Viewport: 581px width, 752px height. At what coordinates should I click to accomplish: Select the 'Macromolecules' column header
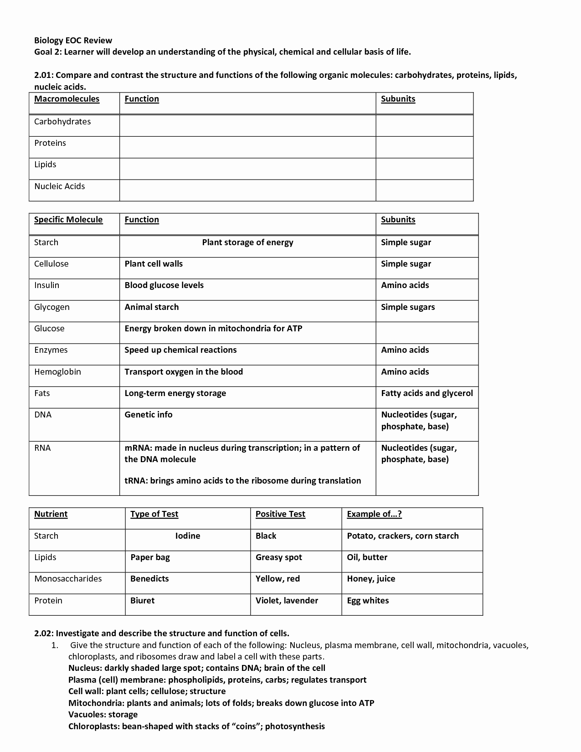tap(67, 99)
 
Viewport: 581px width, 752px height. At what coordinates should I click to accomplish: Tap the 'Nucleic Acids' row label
tap(59, 186)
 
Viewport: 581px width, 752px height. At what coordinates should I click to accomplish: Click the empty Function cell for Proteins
tap(247, 147)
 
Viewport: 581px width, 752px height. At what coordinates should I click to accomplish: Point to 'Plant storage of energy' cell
tap(247, 242)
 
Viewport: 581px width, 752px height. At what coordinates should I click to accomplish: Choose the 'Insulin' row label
tap(46, 285)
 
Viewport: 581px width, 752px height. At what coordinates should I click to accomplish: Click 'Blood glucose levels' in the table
tap(164, 285)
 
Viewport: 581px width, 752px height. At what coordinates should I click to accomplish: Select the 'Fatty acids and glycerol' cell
tap(427, 393)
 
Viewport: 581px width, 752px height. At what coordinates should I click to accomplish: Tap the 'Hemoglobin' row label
tap(57, 372)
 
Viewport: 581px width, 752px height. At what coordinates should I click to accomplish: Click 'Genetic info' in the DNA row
tap(149, 415)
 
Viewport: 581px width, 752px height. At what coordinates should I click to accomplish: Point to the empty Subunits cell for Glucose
tap(427, 333)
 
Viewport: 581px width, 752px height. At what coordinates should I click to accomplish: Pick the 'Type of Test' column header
tap(154, 514)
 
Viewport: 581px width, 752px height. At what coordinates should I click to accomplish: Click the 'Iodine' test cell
tap(188, 536)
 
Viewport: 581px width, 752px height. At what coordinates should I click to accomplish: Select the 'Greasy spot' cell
tap(278, 557)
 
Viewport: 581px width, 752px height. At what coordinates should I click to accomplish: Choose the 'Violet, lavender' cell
tap(287, 601)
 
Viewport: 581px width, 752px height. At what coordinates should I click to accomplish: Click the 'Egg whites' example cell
tap(368, 601)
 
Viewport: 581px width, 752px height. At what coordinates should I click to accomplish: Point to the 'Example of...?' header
tap(374, 514)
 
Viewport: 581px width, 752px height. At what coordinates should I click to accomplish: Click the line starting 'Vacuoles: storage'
tap(103, 715)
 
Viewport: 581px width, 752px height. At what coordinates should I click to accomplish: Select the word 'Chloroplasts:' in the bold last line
tap(94, 726)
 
